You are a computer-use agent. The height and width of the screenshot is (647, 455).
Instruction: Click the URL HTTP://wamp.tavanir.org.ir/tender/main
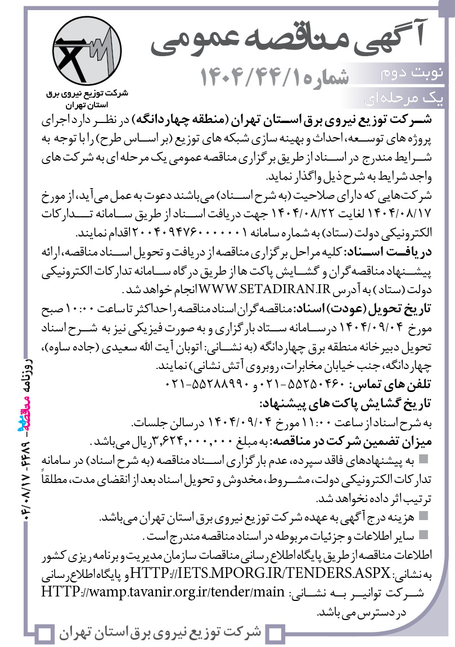pyautogui.click(x=167, y=591)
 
